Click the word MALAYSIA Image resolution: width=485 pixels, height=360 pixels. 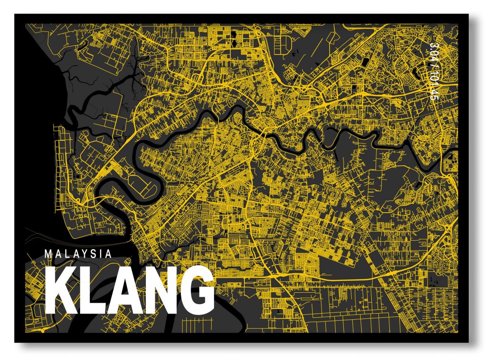pyautogui.click(x=78, y=253)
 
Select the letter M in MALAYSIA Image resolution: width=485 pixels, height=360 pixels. pyautogui.click(x=48, y=253)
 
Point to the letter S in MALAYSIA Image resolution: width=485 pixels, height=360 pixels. pyautogui.click(x=94, y=253)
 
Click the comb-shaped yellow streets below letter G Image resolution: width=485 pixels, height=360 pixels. pyautogui.click(x=192, y=325)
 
